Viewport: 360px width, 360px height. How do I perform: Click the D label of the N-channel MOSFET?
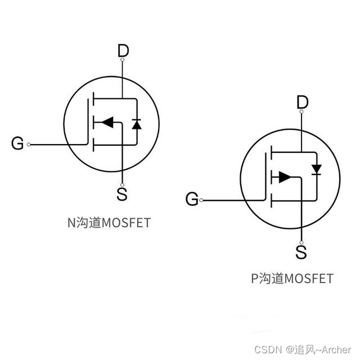[x=123, y=51]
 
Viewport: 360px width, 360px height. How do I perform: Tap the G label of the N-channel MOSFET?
[x=17, y=144]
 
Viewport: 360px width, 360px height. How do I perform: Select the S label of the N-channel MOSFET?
[x=122, y=195]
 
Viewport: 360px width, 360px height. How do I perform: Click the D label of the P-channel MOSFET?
[x=303, y=102]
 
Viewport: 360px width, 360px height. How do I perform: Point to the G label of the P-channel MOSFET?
[x=192, y=199]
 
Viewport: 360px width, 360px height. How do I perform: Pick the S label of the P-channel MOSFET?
[x=301, y=251]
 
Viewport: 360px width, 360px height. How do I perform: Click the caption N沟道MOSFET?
[x=109, y=223]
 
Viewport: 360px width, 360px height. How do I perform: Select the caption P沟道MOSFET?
[x=292, y=278]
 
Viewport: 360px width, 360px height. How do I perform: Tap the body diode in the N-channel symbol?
[x=136, y=123]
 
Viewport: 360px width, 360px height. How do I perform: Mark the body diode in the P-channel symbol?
[x=316, y=169]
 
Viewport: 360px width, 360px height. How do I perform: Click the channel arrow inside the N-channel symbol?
[x=106, y=121]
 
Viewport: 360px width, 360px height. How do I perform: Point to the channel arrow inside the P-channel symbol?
[x=285, y=177]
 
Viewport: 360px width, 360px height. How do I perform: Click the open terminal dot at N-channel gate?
[x=29, y=144]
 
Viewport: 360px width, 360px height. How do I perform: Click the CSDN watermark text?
[x=267, y=350]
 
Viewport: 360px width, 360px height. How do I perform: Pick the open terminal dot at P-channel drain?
[x=302, y=112]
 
